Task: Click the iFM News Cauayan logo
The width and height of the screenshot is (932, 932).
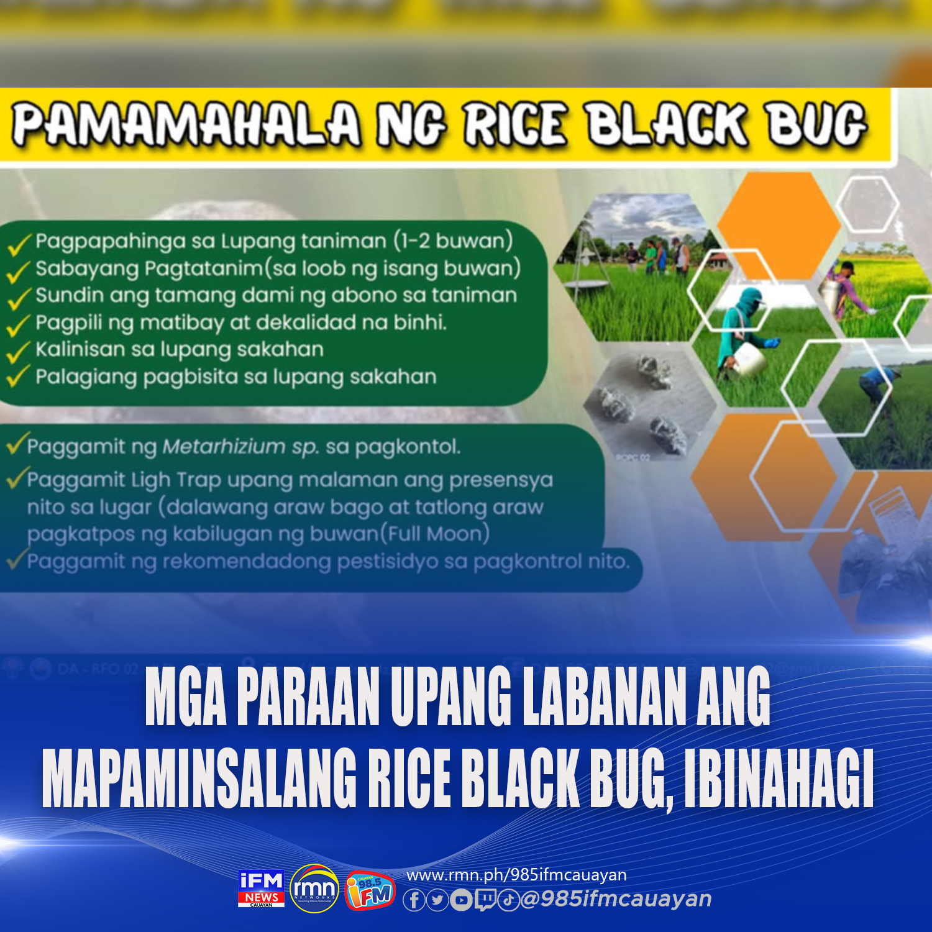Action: click(x=261, y=889)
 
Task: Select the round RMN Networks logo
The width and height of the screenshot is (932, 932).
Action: click(x=315, y=889)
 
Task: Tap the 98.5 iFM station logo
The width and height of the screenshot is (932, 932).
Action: click(x=370, y=890)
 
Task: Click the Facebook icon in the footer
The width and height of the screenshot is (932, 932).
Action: click(x=414, y=900)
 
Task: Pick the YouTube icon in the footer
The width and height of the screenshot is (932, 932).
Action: click(x=461, y=900)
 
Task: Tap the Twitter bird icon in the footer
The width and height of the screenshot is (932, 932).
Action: click(x=437, y=900)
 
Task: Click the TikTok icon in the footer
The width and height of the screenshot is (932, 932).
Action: click(x=508, y=900)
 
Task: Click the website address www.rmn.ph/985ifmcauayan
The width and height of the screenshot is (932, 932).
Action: click(x=516, y=875)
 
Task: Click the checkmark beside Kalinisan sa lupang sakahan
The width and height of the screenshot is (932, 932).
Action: click(x=18, y=350)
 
